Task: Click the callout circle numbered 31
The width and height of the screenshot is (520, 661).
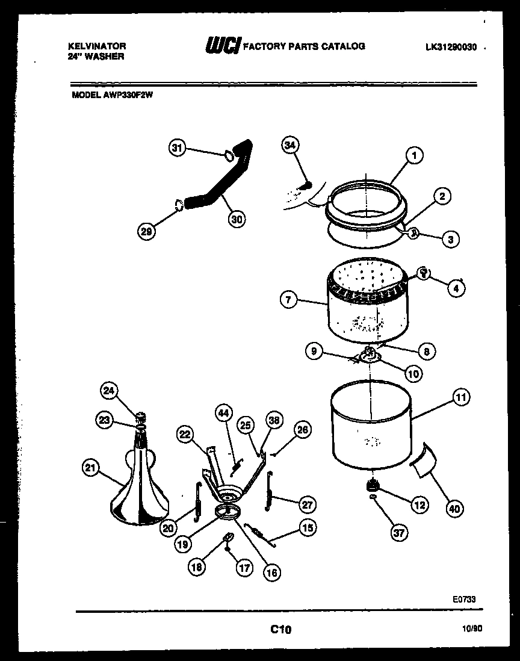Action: [x=177, y=149]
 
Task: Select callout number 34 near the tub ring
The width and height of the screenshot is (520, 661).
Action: [x=291, y=145]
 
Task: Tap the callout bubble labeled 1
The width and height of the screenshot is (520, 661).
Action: [x=414, y=155]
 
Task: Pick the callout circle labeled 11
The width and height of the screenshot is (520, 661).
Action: [x=460, y=397]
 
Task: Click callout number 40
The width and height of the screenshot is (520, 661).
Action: [x=455, y=509]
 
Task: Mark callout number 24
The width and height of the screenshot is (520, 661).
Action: [x=108, y=391]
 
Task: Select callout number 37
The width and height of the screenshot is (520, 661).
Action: [x=397, y=532]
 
